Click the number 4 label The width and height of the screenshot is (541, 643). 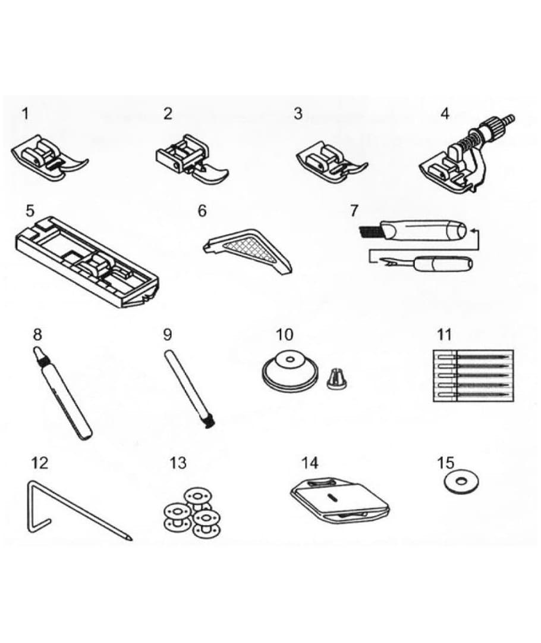(445, 113)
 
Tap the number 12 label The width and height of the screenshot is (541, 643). (40, 463)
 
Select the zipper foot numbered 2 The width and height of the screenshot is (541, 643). (192, 158)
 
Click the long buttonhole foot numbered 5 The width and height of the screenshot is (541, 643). (87, 262)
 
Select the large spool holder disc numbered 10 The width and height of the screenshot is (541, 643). (289, 369)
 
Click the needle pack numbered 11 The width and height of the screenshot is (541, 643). (473, 375)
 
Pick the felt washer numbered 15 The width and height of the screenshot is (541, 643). (461, 480)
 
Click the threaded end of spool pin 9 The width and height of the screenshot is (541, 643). (210, 424)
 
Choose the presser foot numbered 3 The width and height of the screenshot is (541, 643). (332, 161)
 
